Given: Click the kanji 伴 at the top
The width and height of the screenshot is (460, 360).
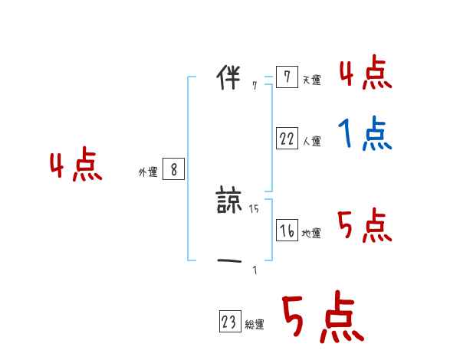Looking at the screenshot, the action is [x=229, y=78].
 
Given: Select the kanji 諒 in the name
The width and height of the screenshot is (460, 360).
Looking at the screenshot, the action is [x=230, y=201].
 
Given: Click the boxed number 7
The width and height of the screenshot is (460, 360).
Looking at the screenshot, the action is [x=286, y=77].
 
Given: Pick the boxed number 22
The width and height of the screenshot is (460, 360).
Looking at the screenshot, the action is [x=287, y=139].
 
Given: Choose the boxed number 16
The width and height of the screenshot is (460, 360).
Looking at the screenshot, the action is [x=287, y=231].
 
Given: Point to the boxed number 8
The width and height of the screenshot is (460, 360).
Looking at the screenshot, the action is [x=173, y=170].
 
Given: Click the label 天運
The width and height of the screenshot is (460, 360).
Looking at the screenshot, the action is [x=311, y=80].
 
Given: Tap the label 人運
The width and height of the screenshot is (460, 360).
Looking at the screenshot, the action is [x=311, y=141].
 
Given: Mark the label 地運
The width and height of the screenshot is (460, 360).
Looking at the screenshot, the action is [x=311, y=234].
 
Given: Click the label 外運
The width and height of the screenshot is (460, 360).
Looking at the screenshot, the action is [x=148, y=172].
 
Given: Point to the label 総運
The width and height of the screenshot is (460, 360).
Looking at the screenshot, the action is [x=255, y=325].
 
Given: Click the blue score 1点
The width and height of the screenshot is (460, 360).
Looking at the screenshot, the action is [x=365, y=136].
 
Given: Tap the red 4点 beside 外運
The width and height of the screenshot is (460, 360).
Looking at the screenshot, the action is [x=76, y=167].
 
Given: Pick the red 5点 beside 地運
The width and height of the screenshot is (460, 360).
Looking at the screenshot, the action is [x=365, y=226].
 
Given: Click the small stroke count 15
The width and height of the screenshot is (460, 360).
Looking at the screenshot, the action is [x=255, y=208].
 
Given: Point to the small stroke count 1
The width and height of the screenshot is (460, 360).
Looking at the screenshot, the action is [x=255, y=270].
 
